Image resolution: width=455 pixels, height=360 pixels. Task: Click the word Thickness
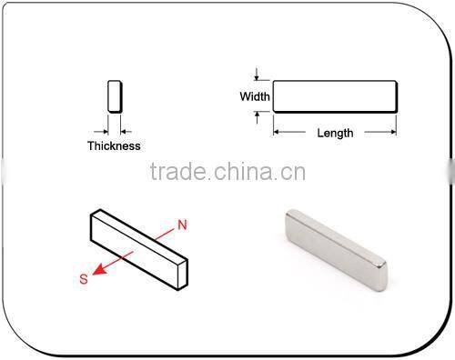[114, 145]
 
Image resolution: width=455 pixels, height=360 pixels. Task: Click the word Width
[253, 96]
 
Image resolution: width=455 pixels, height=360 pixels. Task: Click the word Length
[335, 133]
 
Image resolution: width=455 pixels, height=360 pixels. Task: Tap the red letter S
[84, 280]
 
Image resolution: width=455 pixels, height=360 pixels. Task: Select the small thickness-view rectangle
[114, 95]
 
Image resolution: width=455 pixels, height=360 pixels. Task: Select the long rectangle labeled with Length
[335, 95]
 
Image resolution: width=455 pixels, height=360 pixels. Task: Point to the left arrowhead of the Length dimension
[277, 133]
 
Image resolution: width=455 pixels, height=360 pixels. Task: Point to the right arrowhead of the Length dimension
[393, 133]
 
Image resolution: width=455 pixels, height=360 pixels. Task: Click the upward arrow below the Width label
[258, 115]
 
